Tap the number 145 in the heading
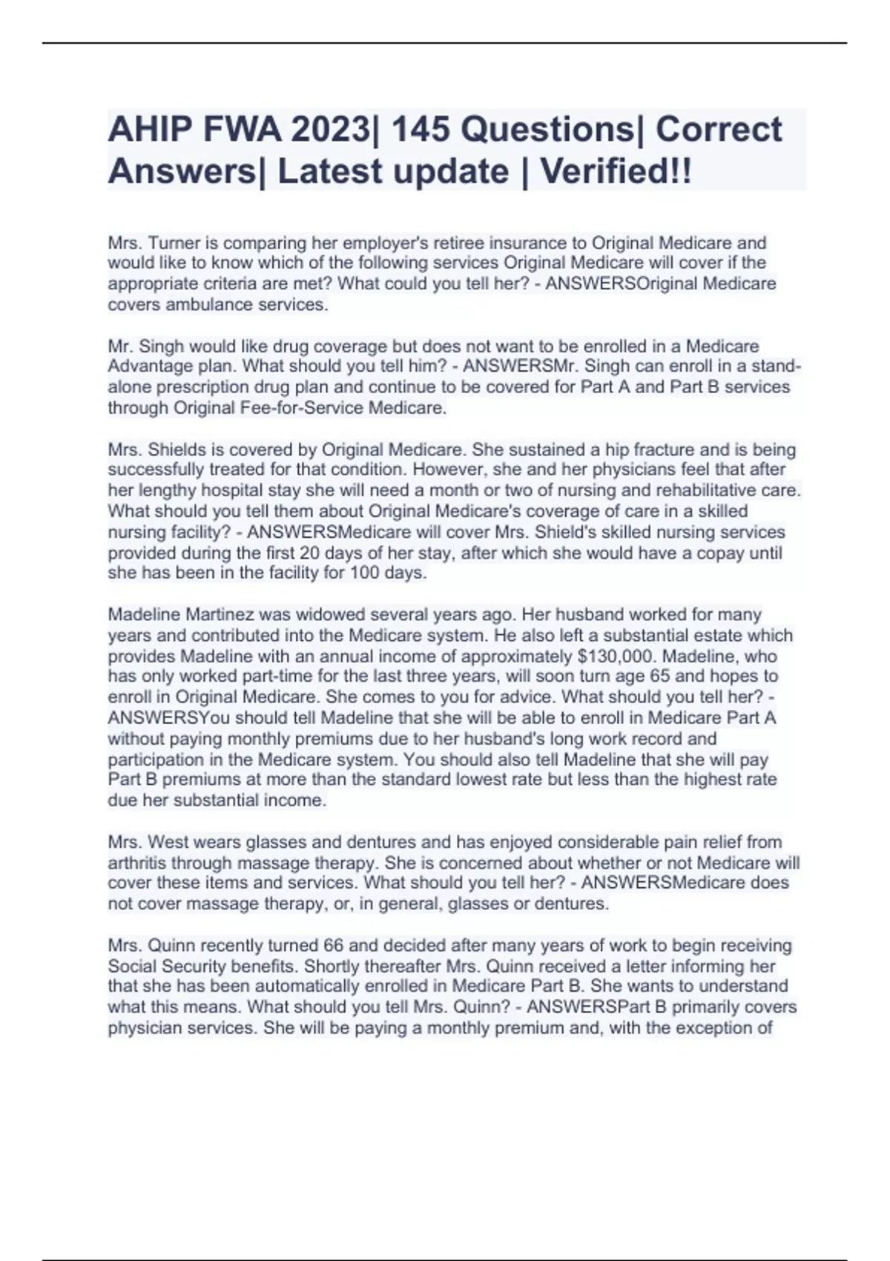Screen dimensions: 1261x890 [x=418, y=130]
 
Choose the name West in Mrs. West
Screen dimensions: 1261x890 [x=167, y=843]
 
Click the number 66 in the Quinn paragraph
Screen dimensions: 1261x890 [x=333, y=946]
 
